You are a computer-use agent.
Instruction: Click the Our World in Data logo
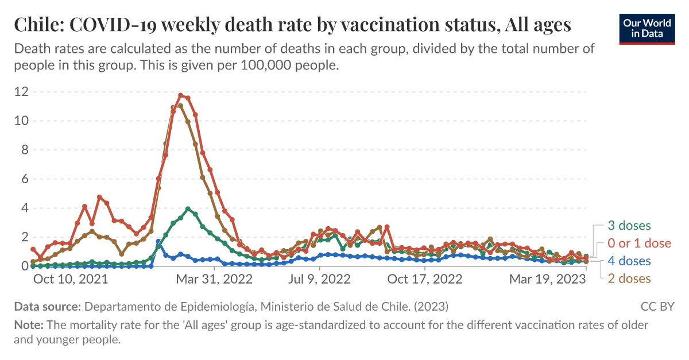click(647, 27)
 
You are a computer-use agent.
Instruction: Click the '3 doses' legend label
click(629, 226)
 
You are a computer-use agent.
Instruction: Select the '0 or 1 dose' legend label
click(639, 243)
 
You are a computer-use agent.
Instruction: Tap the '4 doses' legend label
click(629, 261)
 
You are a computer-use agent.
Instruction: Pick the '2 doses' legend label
click(629, 278)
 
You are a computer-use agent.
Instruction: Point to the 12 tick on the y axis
click(21, 92)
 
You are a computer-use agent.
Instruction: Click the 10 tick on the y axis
click(21, 121)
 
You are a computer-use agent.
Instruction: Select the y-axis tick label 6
click(25, 179)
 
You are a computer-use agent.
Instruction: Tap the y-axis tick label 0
click(25, 266)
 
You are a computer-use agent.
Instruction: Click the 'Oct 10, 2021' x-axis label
click(71, 280)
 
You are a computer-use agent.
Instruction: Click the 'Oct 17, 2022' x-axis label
click(425, 280)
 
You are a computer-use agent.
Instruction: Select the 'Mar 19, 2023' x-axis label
click(548, 280)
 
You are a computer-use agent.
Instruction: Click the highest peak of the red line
click(181, 95)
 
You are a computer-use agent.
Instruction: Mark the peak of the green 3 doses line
click(188, 209)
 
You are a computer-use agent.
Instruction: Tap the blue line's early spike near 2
click(158, 242)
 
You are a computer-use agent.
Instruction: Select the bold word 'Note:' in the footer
click(29, 325)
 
